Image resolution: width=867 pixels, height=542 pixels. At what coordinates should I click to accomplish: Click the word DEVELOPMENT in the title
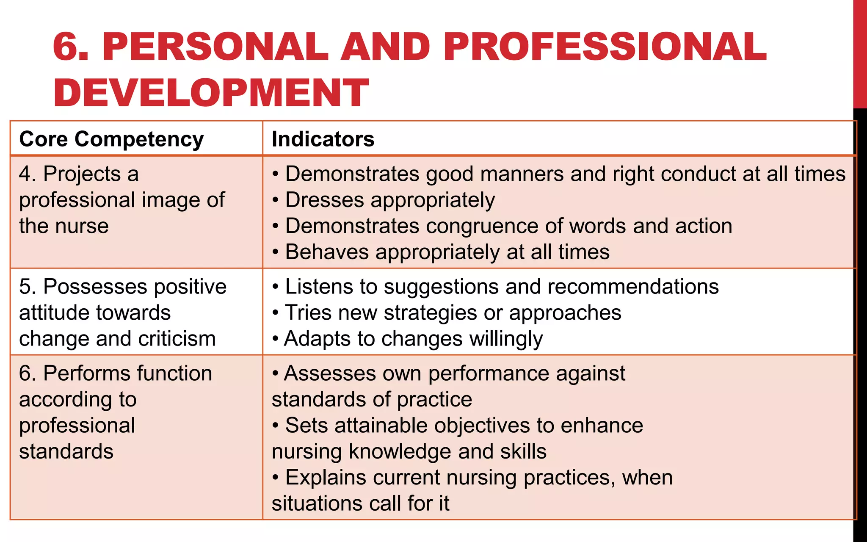tap(211, 93)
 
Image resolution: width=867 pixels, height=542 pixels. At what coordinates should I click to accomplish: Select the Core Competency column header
tap(111, 139)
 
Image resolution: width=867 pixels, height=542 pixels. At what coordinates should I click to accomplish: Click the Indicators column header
tap(323, 139)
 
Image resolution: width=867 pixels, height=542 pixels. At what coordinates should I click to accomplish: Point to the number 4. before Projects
tap(28, 174)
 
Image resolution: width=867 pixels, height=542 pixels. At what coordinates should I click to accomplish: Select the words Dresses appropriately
tap(389, 200)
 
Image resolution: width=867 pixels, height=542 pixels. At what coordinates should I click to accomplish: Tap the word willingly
tap(505, 339)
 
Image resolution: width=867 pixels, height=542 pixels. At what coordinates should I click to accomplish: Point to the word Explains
tap(326, 478)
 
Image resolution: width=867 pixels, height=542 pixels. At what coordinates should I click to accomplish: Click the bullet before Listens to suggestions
tap(276, 287)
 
